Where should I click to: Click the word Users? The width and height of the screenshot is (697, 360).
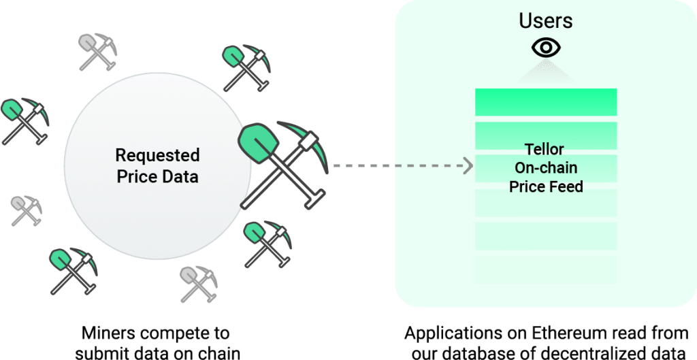(x=546, y=21)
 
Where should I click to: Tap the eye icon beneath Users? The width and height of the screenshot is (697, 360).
(x=546, y=48)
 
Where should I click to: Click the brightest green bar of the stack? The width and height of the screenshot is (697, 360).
(x=546, y=102)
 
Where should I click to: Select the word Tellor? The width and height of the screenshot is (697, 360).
(x=545, y=149)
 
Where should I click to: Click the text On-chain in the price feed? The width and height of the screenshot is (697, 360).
(x=546, y=167)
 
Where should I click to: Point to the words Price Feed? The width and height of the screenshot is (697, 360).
(x=546, y=186)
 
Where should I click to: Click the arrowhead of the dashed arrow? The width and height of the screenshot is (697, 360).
(x=468, y=166)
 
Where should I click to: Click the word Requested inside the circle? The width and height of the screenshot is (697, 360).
(x=157, y=156)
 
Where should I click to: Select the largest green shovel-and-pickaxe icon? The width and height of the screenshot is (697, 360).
(x=284, y=165)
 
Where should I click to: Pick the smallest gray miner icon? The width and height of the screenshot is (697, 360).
(x=27, y=210)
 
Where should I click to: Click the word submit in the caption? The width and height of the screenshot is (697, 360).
(x=99, y=353)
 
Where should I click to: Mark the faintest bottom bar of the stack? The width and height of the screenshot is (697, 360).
(x=546, y=269)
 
